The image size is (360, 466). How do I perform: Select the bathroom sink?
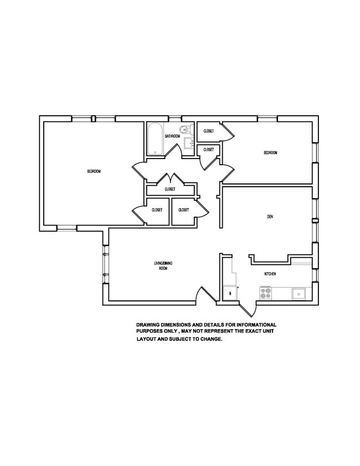188,144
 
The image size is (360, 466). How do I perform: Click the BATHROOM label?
172,136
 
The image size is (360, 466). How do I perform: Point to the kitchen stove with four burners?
266,292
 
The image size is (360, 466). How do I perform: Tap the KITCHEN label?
270,274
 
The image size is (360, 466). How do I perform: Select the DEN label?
270,217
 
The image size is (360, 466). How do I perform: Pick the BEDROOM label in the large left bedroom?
94,171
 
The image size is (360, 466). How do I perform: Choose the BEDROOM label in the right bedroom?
270,153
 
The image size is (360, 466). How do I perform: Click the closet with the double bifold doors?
170,189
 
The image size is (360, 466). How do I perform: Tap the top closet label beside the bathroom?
208,131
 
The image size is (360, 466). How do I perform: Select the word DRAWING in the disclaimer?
148,325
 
